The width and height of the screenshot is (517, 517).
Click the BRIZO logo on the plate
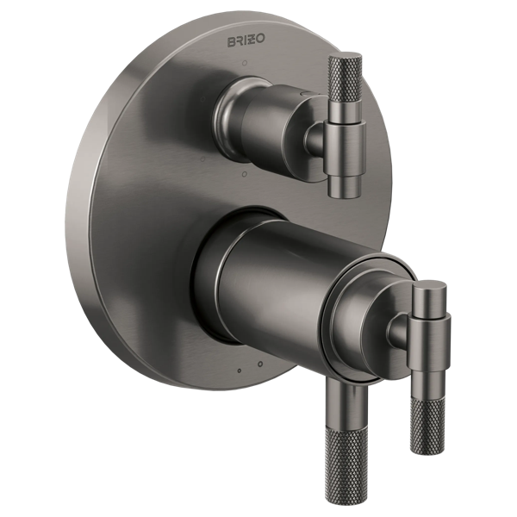[x=246, y=40]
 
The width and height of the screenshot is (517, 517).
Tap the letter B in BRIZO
[x=232, y=42]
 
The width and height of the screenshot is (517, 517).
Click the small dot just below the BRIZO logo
[x=245, y=63]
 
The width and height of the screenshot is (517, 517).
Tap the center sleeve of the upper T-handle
[x=345, y=147]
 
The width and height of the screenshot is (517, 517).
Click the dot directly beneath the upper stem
[x=245, y=173]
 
